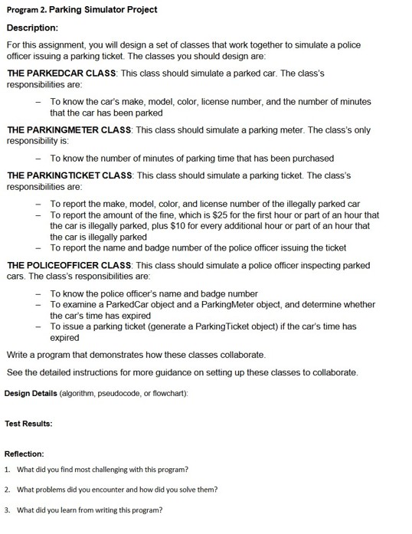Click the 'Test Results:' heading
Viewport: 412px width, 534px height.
tap(28, 422)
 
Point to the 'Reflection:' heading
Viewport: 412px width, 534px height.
tap(25, 454)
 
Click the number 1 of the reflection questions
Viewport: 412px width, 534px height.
tap(7, 470)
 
